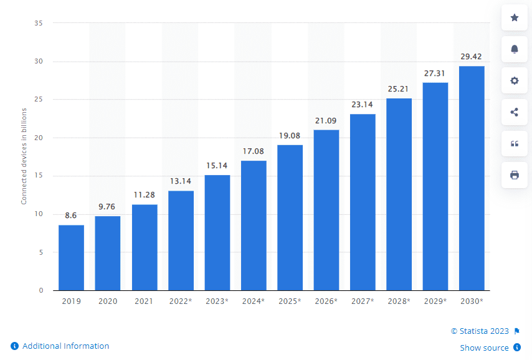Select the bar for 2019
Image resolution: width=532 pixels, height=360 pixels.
point(71,257)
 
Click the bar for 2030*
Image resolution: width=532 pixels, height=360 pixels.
point(472,178)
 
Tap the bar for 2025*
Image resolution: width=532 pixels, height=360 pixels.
point(290,217)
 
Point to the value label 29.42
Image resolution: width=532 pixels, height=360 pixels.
point(471,57)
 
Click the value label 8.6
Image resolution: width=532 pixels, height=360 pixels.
point(71,216)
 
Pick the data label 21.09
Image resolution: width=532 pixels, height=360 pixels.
point(326,120)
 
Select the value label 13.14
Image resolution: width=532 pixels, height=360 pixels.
point(181,181)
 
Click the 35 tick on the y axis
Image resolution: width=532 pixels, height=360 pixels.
point(39,23)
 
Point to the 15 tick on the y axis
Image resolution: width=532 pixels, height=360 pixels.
point(39,176)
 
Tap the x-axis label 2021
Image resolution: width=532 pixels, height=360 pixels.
point(144,301)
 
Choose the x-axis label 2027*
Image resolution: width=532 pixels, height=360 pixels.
point(362,301)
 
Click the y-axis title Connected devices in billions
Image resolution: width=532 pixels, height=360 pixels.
point(24,155)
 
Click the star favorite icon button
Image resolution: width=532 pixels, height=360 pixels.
point(515,17)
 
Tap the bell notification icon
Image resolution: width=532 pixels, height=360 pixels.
point(515,49)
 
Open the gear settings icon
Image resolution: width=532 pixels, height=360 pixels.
point(515,80)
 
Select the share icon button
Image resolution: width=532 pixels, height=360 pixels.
point(515,112)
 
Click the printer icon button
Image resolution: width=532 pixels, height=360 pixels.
point(515,175)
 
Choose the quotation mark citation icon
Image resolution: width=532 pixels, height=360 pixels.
point(515,143)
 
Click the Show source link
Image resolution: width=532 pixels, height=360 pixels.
point(484,348)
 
